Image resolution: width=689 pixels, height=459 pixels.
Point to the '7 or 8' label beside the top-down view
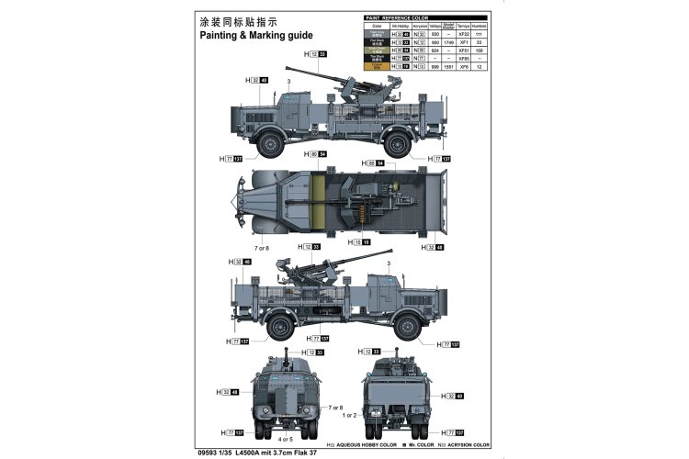pyautogui.click(x=262, y=248)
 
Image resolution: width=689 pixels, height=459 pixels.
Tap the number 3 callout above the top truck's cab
pyautogui.click(x=288, y=83)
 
